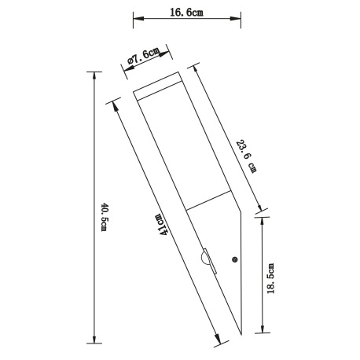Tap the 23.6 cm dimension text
click(x=246, y=156)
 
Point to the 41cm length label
click(x=162, y=226)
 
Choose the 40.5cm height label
click(x=103, y=217)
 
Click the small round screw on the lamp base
click(x=233, y=260)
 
